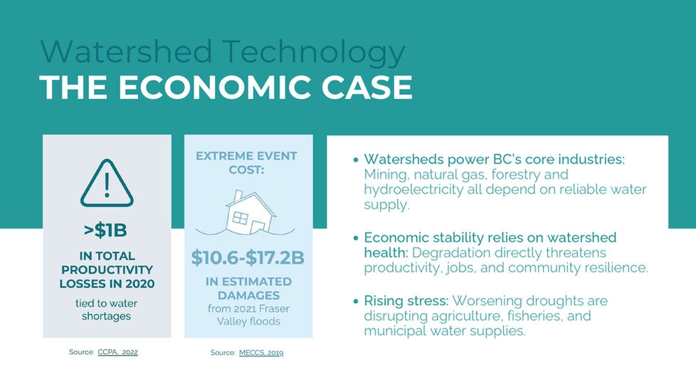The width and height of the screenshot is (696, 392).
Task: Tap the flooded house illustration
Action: [246, 213]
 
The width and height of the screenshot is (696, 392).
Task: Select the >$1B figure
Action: [105, 231]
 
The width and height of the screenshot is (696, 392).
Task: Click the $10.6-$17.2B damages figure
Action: [248, 258]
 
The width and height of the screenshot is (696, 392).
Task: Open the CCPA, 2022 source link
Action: [117, 352]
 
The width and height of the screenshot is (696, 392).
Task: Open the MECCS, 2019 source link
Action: [261, 353]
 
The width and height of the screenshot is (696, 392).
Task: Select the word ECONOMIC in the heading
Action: [215, 87]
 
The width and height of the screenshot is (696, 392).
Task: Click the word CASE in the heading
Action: [367, 87]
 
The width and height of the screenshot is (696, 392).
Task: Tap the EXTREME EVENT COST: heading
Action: [246, 163]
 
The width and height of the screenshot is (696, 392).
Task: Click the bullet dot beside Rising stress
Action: [356, 301]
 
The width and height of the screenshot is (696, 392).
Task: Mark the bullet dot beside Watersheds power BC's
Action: [356, 160]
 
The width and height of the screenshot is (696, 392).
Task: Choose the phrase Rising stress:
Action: [406, 301]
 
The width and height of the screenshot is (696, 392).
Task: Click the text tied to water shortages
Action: [106, 310]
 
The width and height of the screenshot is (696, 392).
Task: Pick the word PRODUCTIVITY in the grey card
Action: [107, 270]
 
